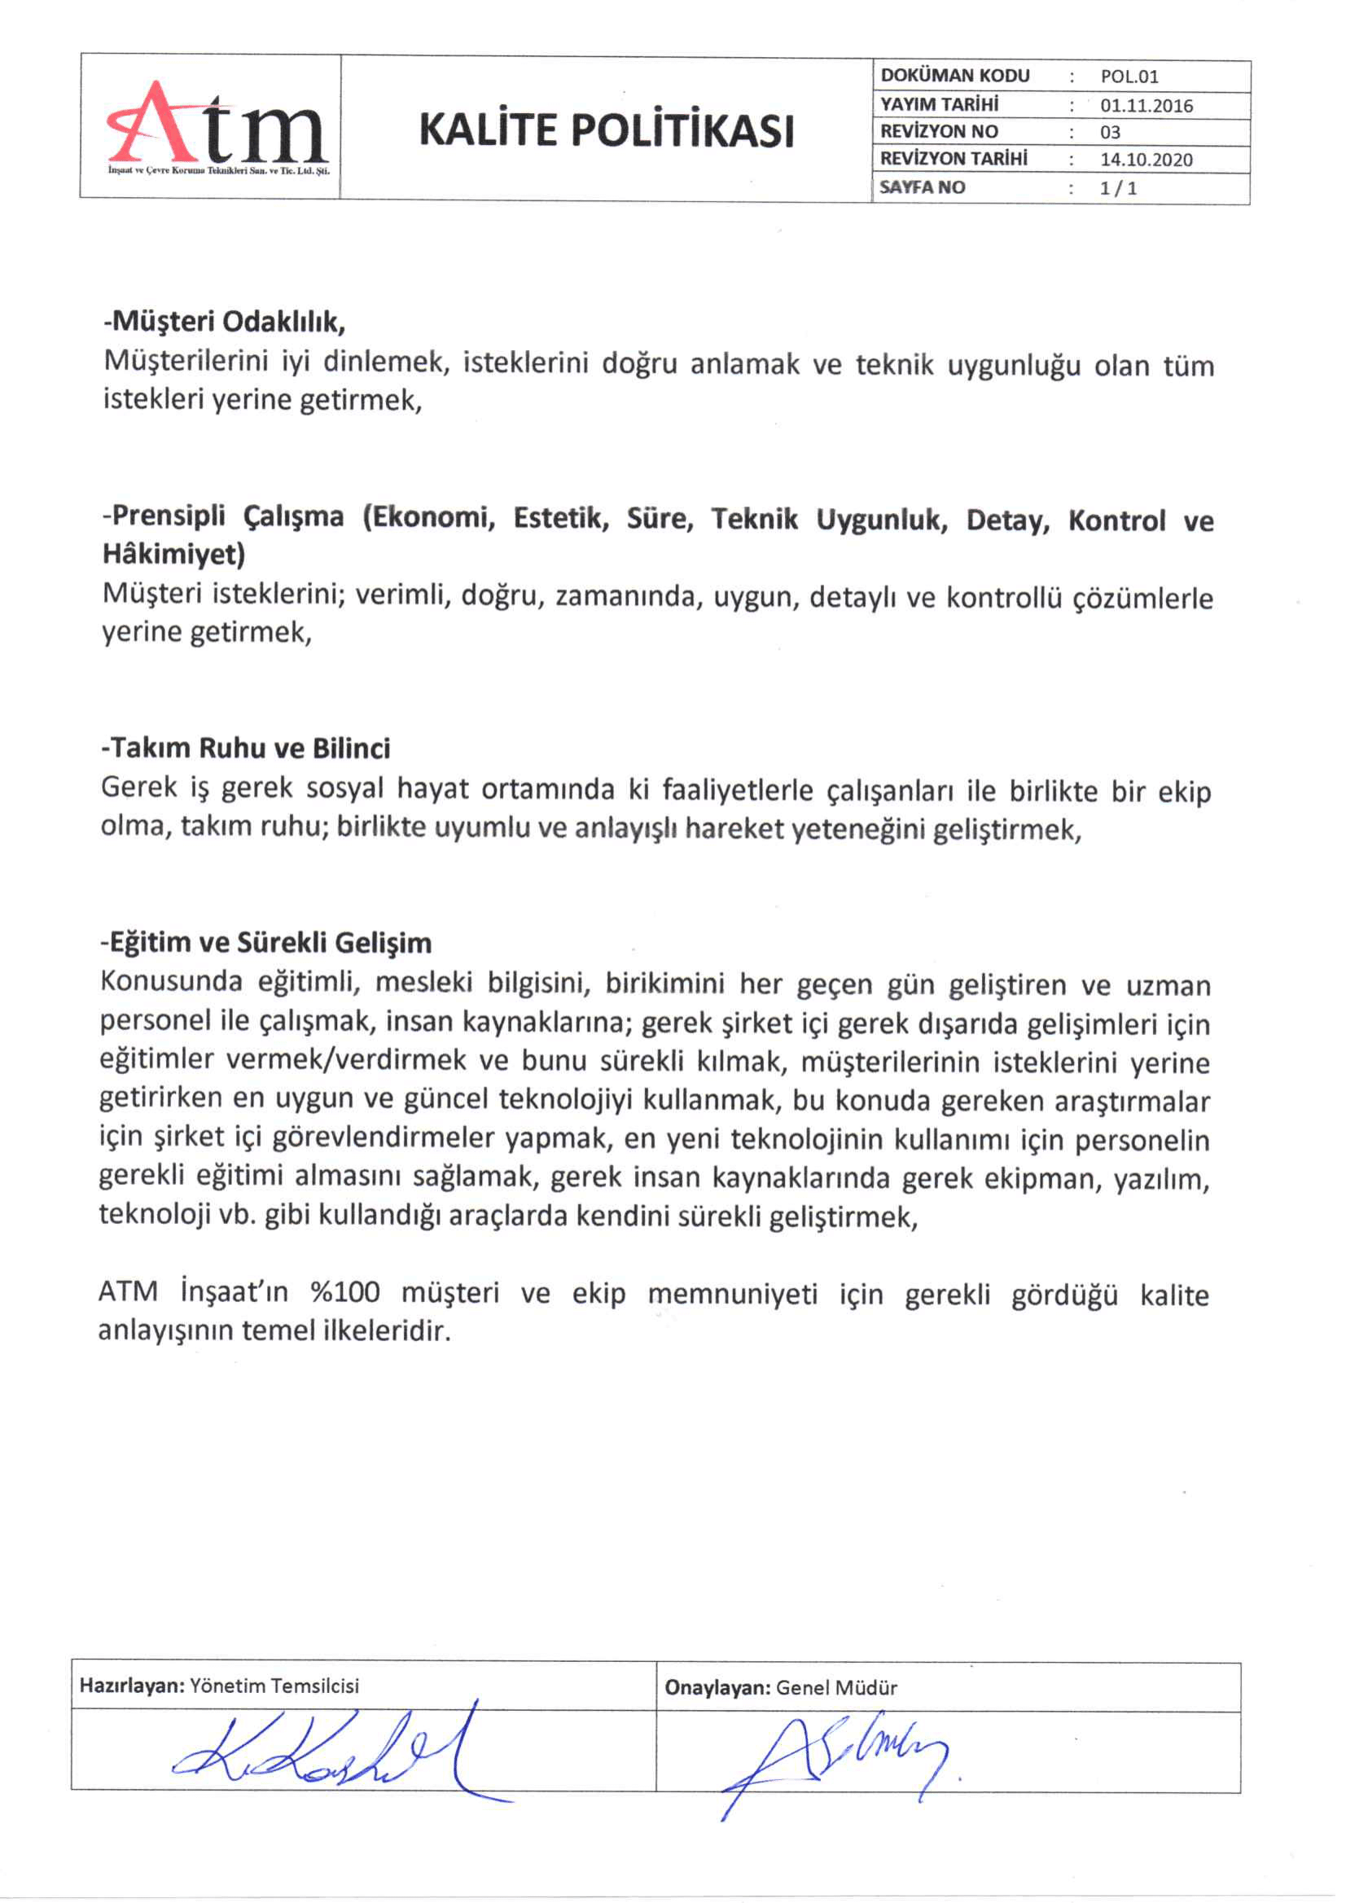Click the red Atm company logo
[x=217, y=126]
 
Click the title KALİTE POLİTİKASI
[x=606, y=130]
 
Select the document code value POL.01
[x=1129, y=77]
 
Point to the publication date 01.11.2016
[x=1147, y=105]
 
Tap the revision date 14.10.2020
[x=1147, y=159]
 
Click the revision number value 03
[x=1110, y=133]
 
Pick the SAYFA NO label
[x=923, y=187]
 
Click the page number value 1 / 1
[x=1118, y=188]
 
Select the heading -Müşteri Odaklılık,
[x=224, y=321]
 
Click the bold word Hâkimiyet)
[x=174, y=554]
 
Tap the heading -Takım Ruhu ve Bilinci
[x=245, y=748]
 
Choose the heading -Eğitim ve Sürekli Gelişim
[x=266, y=942]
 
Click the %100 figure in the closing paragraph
[x=344, y=1292]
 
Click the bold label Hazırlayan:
[x=132, y=1685]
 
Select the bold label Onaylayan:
[x=717, y=1687]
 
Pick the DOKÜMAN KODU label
[x=955, y=76]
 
